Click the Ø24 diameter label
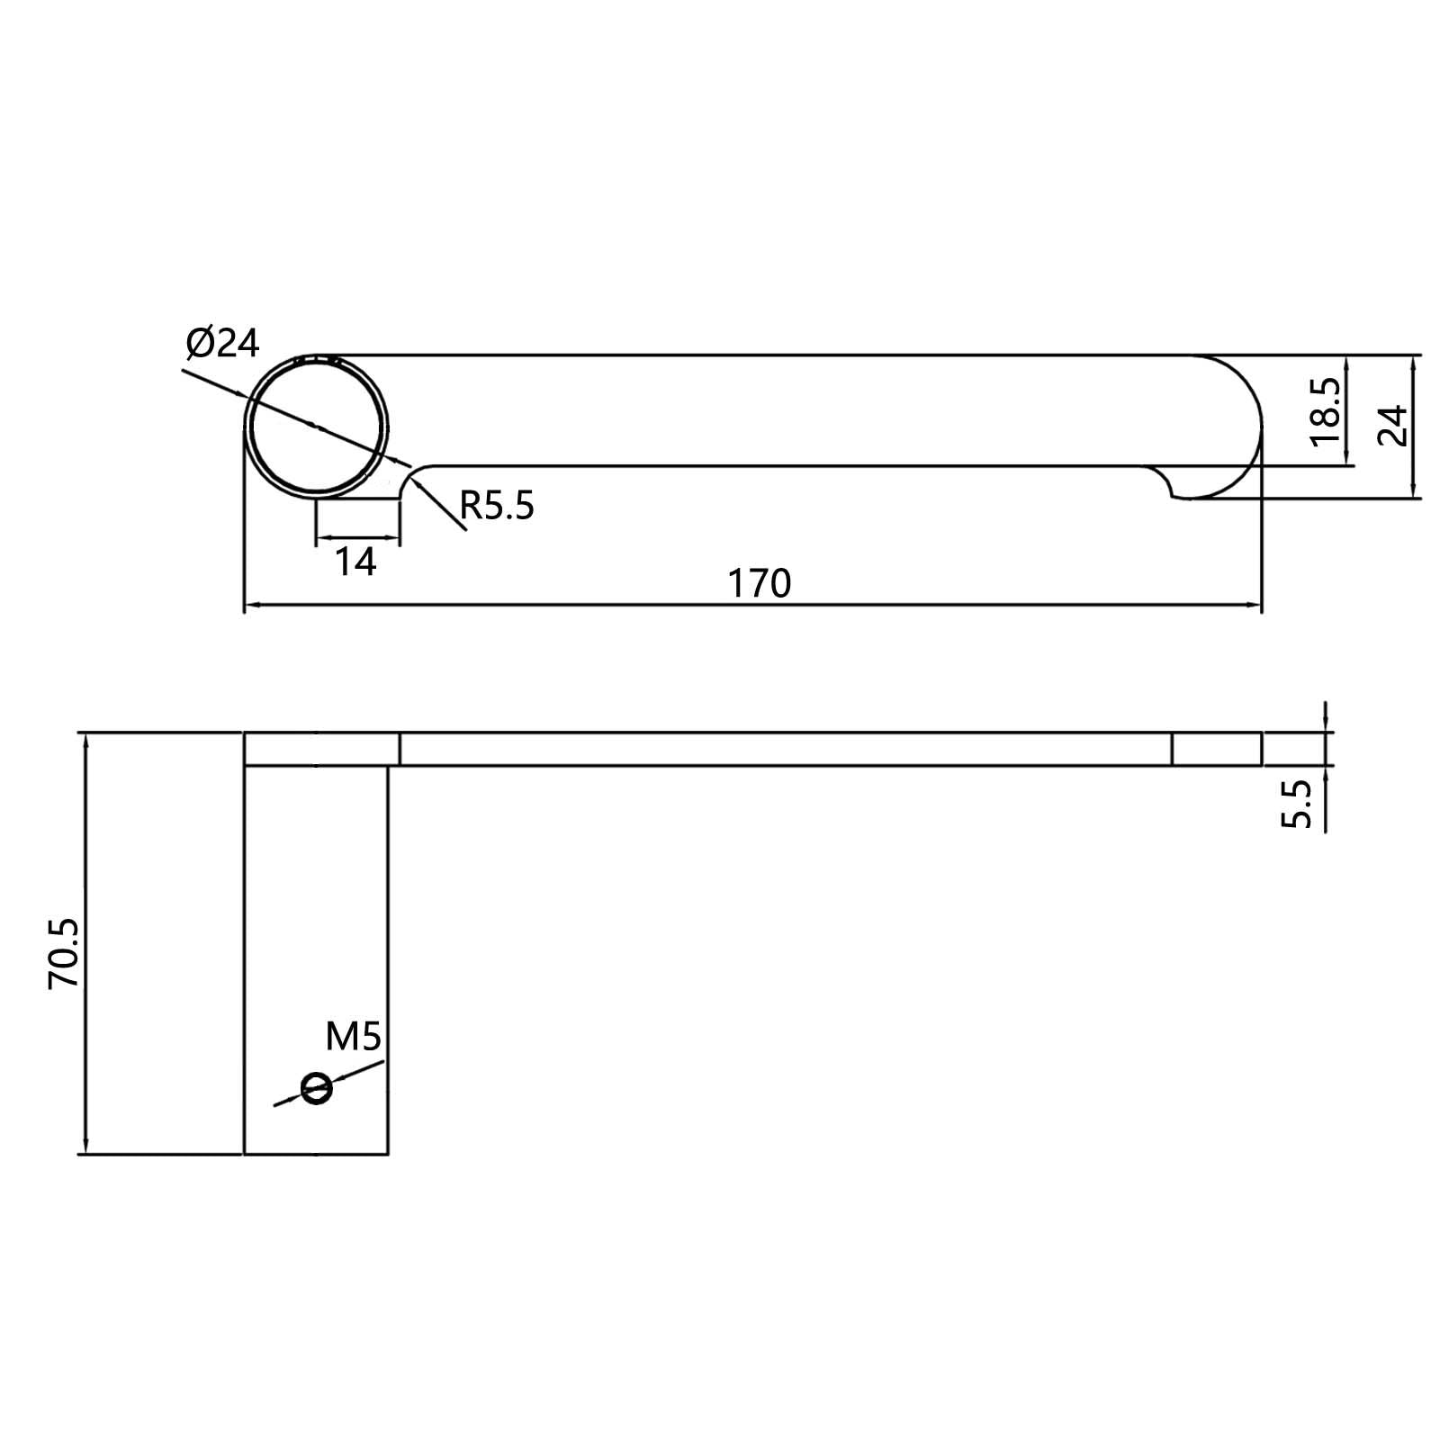[x=222, y=343]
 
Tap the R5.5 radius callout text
[x=497, y=507]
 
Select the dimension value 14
[x=355, y=562]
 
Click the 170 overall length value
[x=759, y=584]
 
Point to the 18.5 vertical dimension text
[x=1327, y=411]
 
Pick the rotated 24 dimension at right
[x=1392, y=427]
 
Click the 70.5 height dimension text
[x=65, y=955]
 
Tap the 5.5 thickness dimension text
[x=1297, y=804]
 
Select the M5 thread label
[x=353, y=1038]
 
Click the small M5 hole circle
[x=316, y=1088]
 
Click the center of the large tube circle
[x=317, y=426]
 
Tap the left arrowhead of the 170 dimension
[x=252, y=606]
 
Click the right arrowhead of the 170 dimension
[x=1255, y=606]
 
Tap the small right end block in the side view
[x=1217, y=749]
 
